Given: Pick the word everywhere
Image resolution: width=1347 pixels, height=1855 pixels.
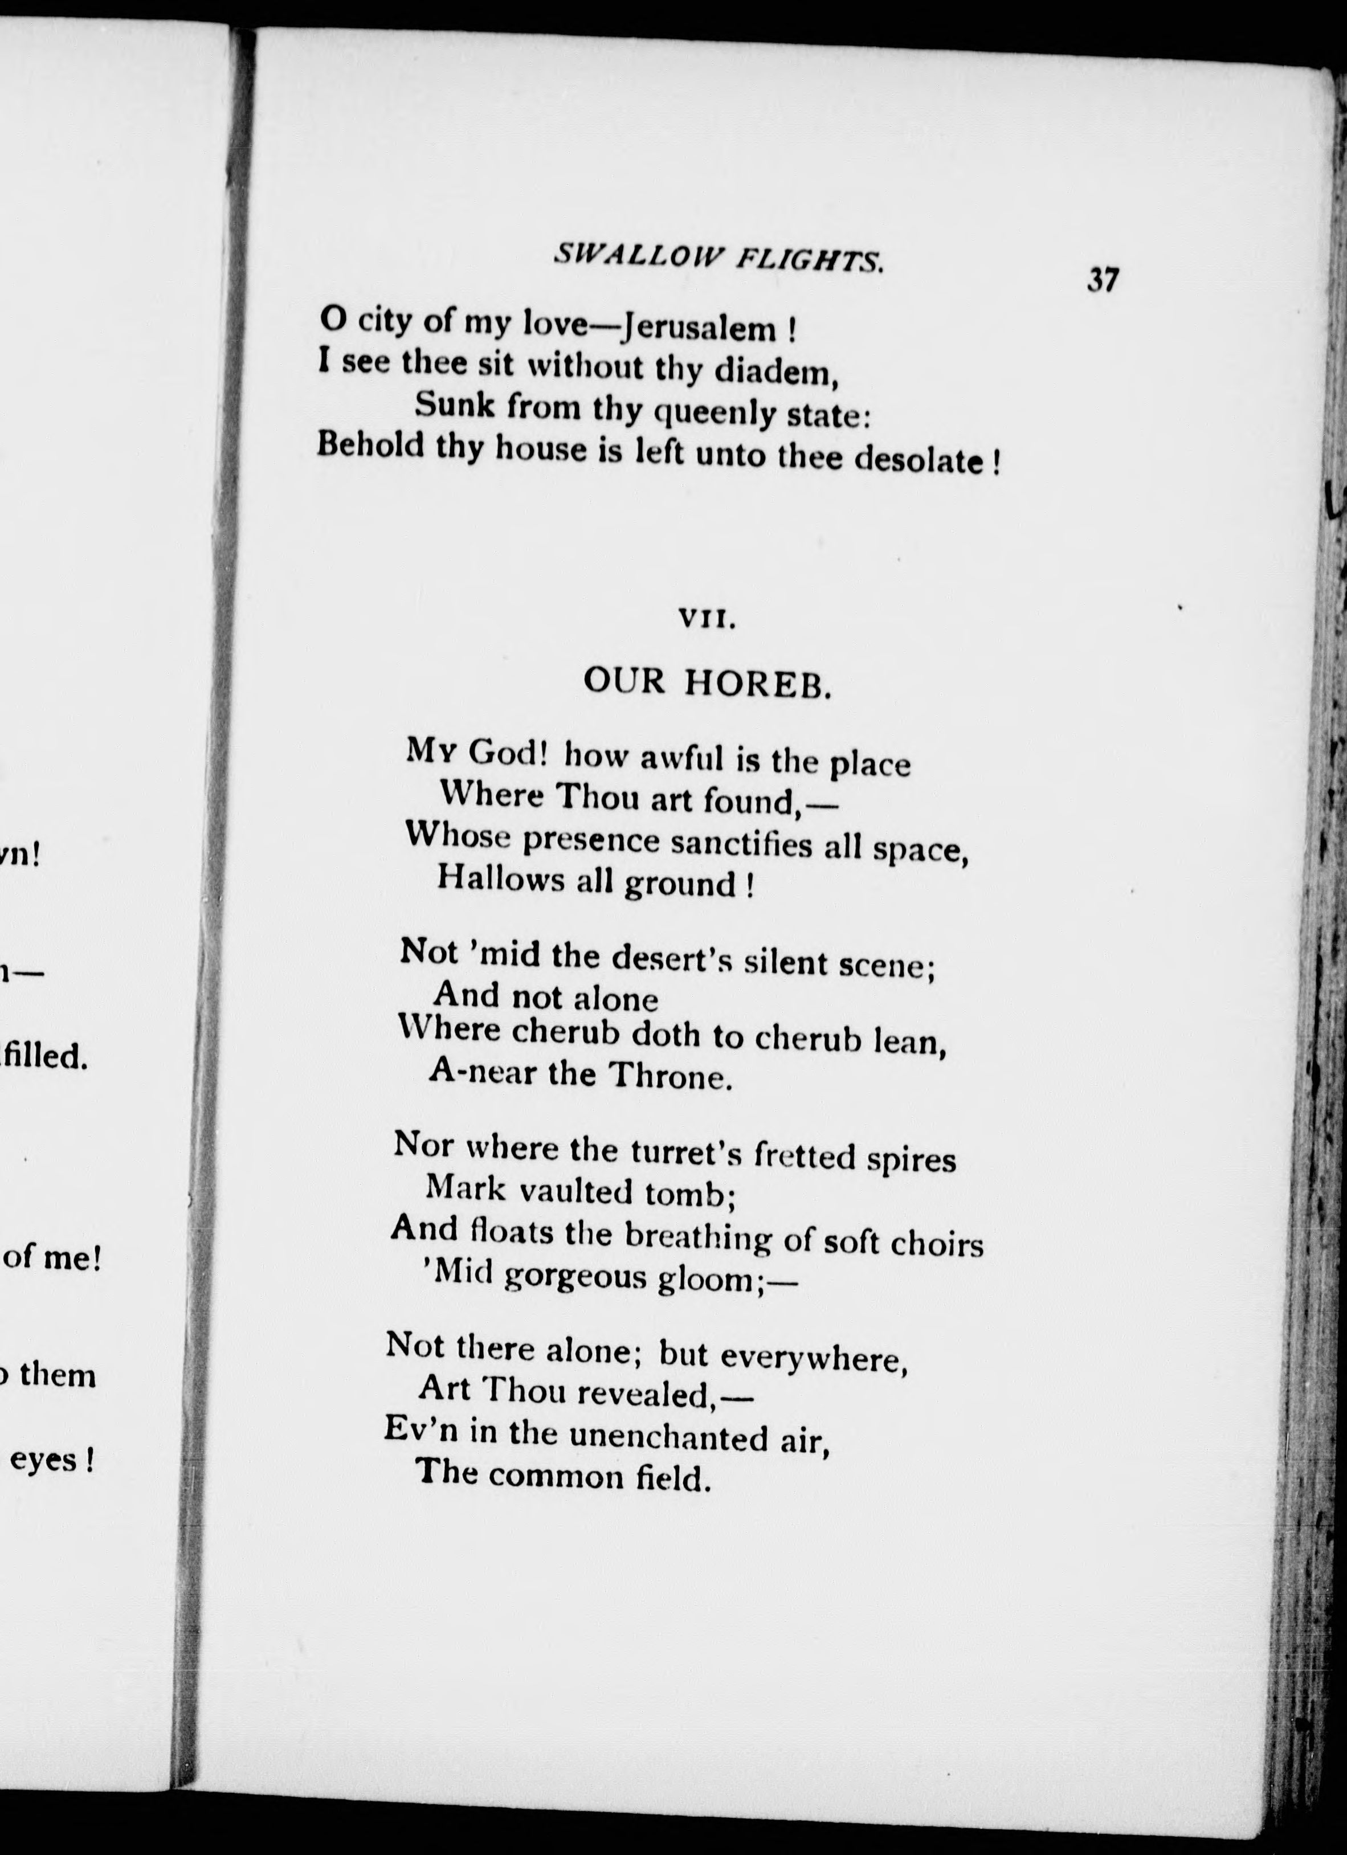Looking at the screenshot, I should pos(813,1357).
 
